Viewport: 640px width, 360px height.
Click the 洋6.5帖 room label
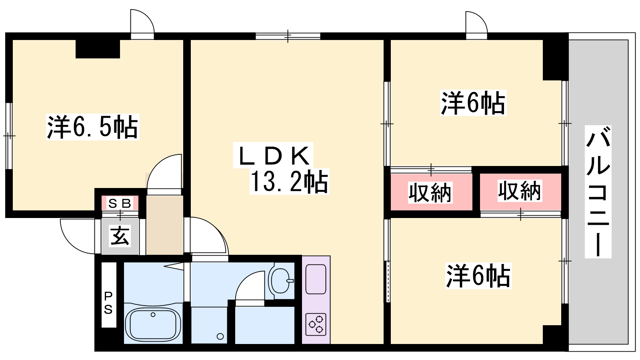click(92, 127)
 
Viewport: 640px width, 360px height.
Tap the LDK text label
click(274, 156)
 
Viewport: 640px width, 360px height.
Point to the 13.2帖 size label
click(289, 182)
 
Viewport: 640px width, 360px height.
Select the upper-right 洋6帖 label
click(473, 103)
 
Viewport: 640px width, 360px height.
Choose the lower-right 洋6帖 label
click(478, 276)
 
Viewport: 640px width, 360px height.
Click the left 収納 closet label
click(430, 193)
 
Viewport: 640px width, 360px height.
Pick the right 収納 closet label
click(520, 191)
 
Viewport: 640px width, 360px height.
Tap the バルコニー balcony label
click(598, 192)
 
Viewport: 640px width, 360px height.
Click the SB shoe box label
click(120, 204)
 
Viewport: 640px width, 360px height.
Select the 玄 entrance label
click(120, 236)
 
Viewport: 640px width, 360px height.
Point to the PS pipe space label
click(108, 303)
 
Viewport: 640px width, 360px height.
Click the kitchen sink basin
click(316, 279)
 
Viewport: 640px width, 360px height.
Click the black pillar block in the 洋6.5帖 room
click(98, 49)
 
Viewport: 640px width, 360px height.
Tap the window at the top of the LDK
click(288, 36)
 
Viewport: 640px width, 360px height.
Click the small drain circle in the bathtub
click(153, 314)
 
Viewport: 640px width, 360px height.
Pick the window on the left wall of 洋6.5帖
click(9, 136)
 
